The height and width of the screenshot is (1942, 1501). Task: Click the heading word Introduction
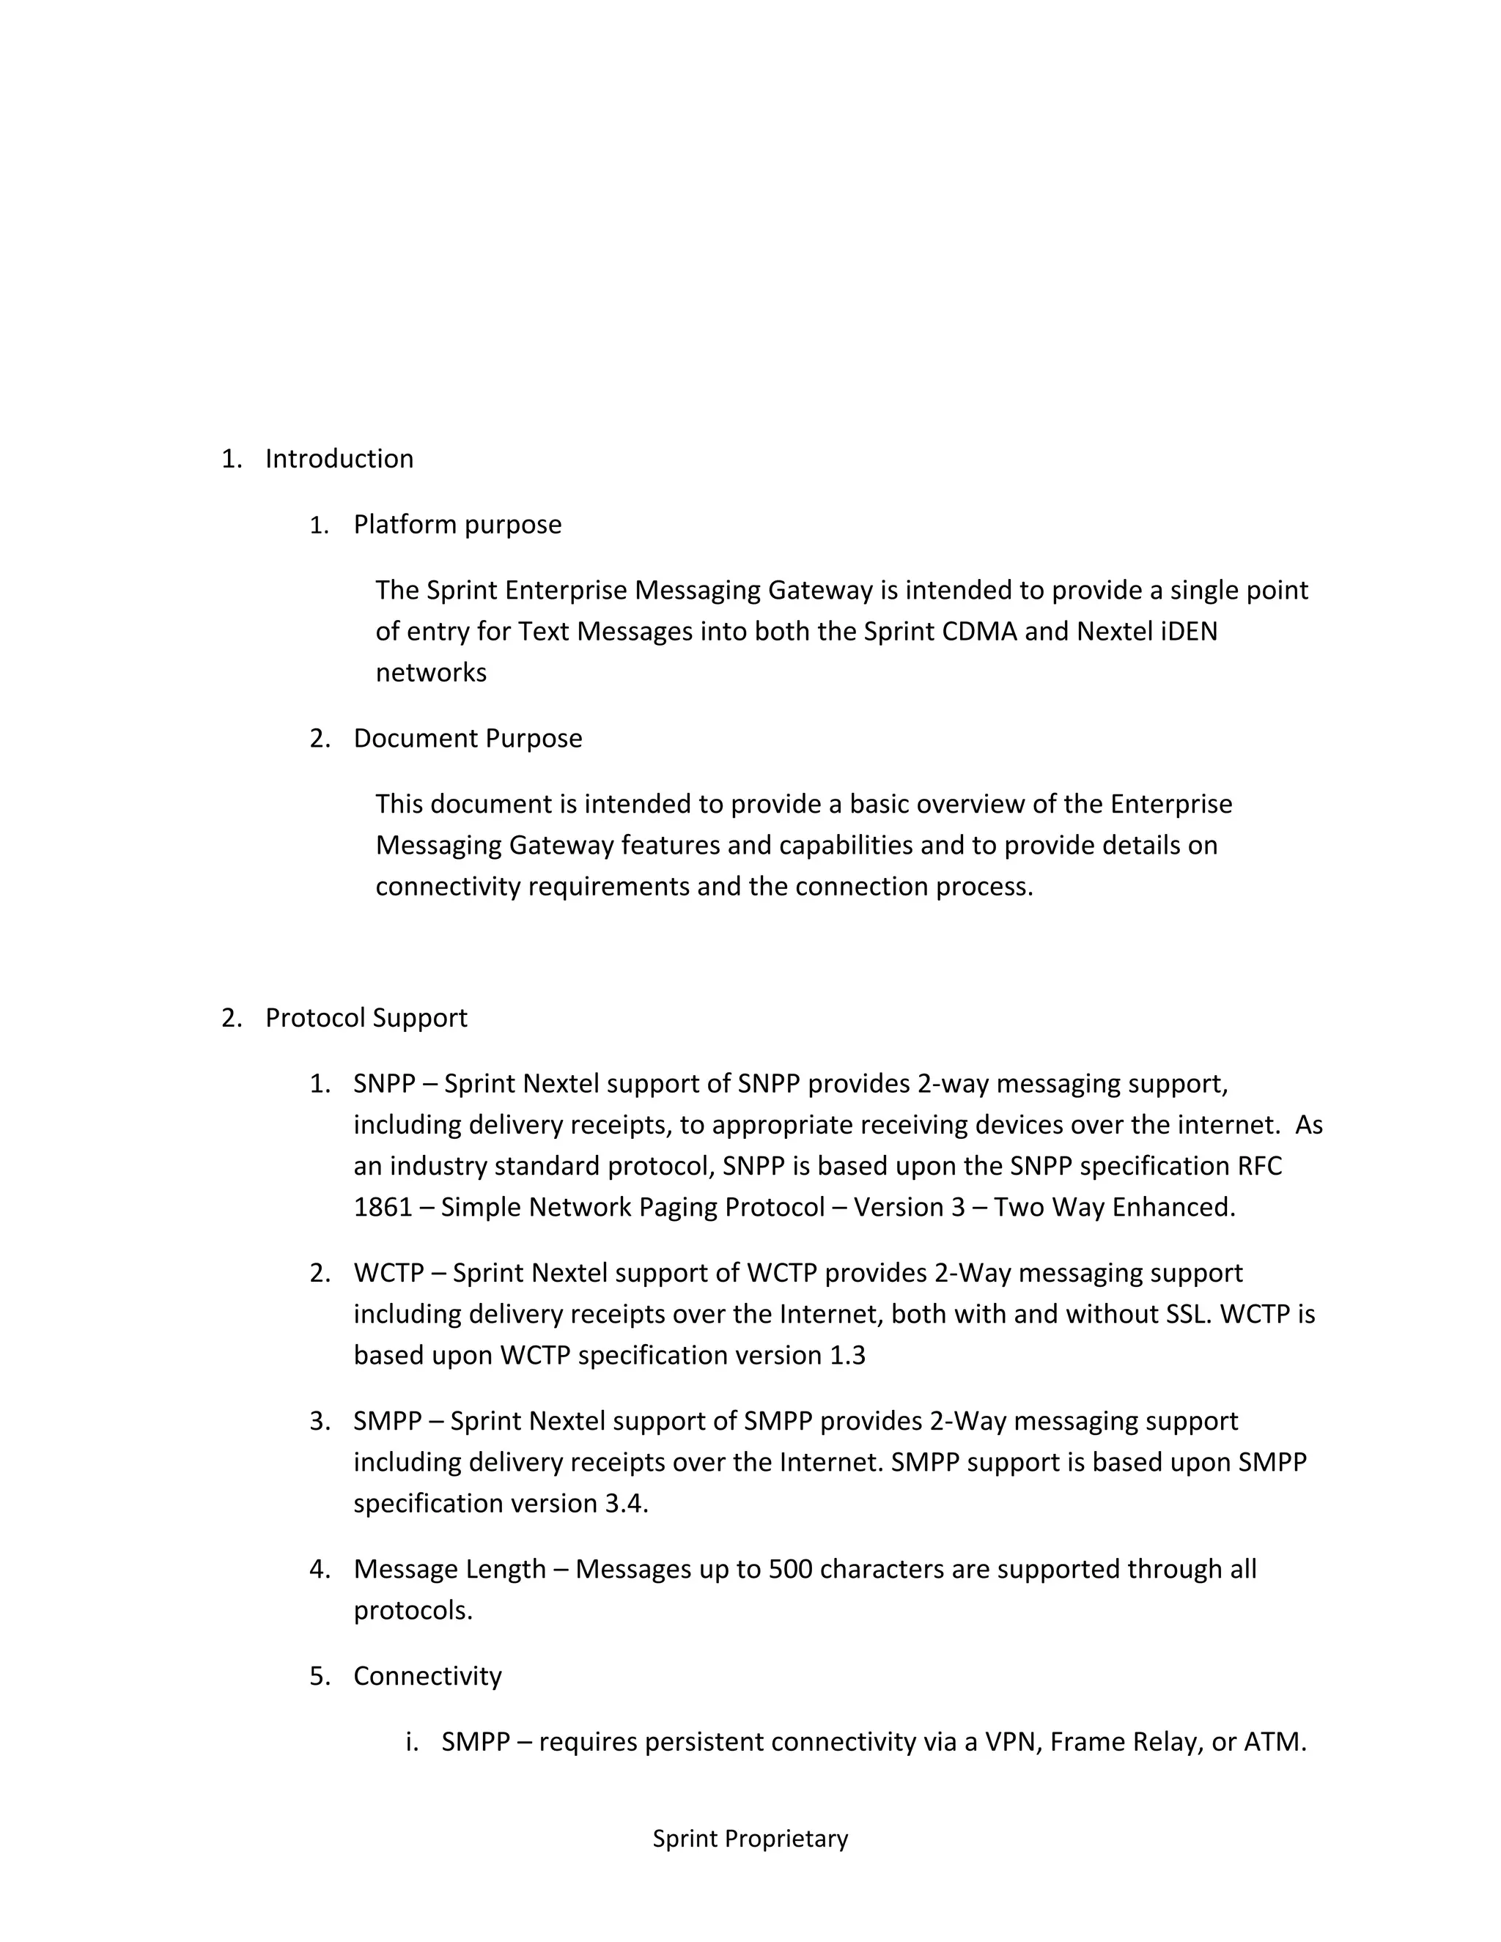(x=339, y=459)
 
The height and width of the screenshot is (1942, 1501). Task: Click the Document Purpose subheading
(x=468, y=738)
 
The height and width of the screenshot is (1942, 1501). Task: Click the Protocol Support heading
(x=366, y=1017)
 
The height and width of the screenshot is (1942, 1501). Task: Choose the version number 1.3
(x=847, y=1355)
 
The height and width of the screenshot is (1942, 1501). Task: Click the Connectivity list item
(x=428, y=1675)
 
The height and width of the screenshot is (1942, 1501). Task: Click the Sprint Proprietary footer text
(x=750, y=1839)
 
